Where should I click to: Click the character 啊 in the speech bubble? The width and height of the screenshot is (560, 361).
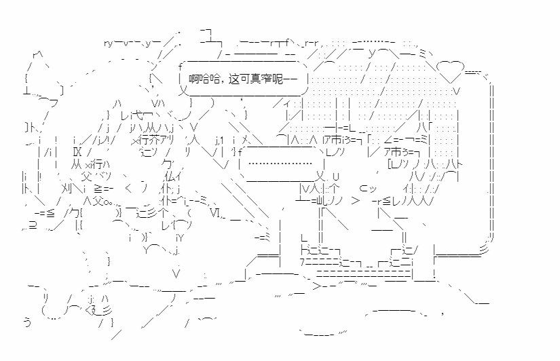[x=193, y=80]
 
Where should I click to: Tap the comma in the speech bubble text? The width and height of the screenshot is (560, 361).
[x=225, y=82]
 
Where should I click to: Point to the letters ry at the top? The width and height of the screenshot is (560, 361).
[x=109, y=43]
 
